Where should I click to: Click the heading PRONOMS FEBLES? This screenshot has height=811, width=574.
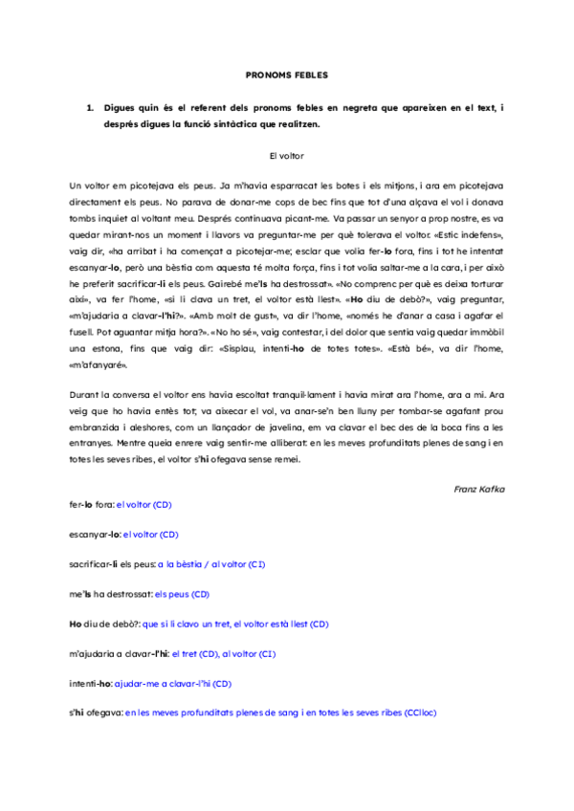click(x=287, y=74)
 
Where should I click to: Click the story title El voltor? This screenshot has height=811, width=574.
click(x=287, y=154)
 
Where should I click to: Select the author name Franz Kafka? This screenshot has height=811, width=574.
click(x=479, y=489)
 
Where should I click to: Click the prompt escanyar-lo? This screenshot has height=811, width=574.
click(x=96, y=534)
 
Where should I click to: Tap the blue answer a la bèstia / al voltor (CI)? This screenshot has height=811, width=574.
click(x=212, y=564)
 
